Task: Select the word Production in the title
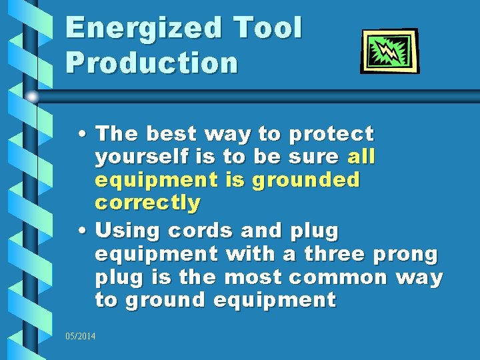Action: tap(152, 63)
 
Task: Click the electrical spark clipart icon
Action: tap(390, 51)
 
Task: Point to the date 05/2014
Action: tap(81, 336)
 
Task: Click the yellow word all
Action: tap(362, 157)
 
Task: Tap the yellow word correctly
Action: tap(147, 203)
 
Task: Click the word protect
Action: tap(331, 135)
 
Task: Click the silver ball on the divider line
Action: tap(32, 97)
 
